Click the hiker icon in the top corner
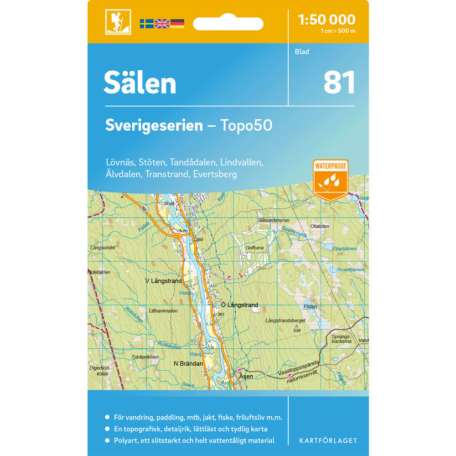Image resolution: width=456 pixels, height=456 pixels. (x=118, y=21)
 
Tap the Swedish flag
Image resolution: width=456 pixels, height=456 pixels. (x=146, y=24)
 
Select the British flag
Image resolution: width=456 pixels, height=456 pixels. (x=162, y=24)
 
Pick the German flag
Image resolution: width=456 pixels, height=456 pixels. (x=177, y=24)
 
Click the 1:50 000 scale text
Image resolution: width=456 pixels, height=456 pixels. (x=326, y=20)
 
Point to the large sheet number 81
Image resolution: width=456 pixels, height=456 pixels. (x=339, y=83)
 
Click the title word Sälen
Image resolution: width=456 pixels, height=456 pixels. (x=140, y=83)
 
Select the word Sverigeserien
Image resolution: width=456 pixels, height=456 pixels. (x=154, y=125)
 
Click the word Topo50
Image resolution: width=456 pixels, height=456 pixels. (x=246, y=125)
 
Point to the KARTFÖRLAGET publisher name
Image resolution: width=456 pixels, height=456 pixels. (x=328, y=440)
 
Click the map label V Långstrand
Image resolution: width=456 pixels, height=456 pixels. (x=163, y=281)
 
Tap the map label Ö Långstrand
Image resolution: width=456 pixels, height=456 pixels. (x=239, y=305)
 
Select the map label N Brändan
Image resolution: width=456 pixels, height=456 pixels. (x=188, y=363)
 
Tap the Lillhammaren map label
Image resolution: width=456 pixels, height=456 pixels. (x=163, y=311)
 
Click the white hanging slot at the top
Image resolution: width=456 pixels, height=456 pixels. (x=228, y=23)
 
